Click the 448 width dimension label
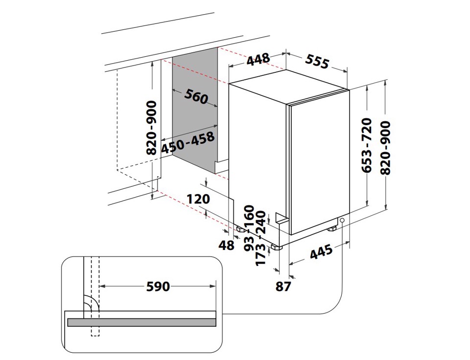[x=258, y=60]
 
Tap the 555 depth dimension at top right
[x=317, y=61]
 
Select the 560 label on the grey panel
[x=196, y=97]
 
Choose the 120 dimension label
[x=198, y=199]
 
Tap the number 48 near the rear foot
[x=227, y=245]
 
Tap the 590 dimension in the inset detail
[x=158, y=286]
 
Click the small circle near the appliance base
[x=341, y=221]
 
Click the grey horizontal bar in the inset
[x=141, y=322]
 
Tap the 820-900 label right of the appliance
[x=386, y=148]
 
